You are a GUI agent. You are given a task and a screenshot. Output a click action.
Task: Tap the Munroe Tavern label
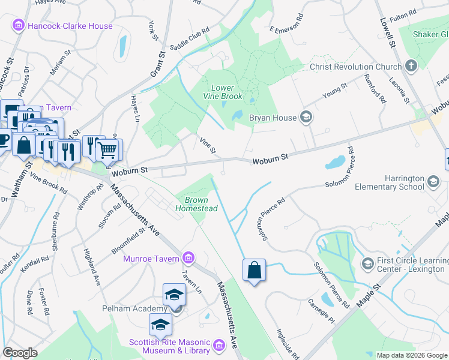point(151,259)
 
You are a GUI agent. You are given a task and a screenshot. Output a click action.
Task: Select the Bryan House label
point(273,118)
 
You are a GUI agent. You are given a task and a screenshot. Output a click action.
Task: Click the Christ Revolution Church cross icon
point(411,67)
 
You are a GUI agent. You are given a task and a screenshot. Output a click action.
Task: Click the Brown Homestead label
point(196,204)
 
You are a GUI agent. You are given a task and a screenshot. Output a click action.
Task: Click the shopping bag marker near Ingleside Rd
point(254,271)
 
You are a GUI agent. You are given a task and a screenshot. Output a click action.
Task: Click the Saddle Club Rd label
point(189,38)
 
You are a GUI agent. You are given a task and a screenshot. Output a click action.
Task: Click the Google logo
point(20,353)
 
